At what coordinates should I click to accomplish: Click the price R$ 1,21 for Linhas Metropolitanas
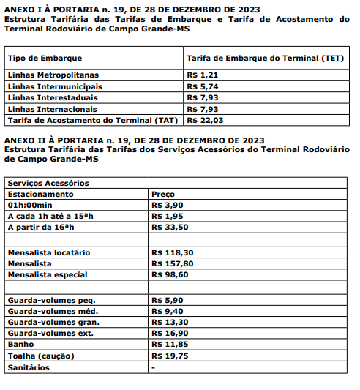[203, 75]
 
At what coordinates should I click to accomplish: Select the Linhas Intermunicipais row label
[54, 86]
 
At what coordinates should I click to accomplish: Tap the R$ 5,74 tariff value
[203, 86]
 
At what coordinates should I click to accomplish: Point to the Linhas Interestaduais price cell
[203, 97]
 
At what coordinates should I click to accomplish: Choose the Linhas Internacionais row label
[53, 108]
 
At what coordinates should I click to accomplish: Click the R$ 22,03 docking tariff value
[205, 119]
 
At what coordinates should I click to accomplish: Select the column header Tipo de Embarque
[45, 58]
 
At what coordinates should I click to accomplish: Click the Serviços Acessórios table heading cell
[48, 183]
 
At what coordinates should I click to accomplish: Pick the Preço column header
[162, 194]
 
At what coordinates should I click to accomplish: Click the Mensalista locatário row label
[48, 252]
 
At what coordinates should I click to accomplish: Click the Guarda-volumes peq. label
[51, 299]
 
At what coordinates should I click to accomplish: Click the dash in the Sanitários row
[153, 367]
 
